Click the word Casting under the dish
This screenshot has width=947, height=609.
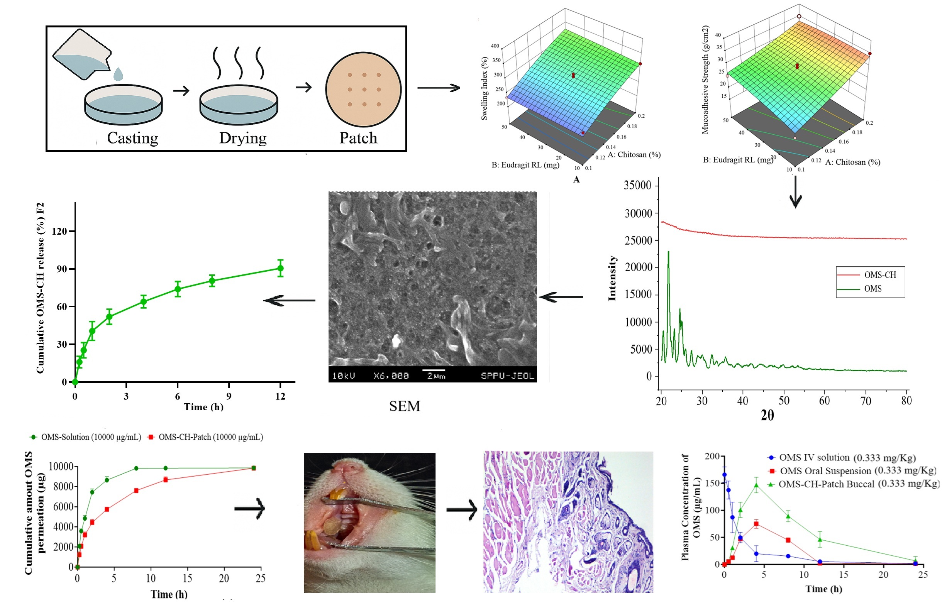coord(132,138)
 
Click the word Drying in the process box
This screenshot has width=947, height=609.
coord(242,138)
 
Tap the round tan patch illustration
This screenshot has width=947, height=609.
coord(363,90)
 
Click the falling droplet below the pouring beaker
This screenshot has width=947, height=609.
coord(118,74)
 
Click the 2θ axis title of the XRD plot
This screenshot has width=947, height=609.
coord(767,415)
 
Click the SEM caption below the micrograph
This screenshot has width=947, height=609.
coord(404,406)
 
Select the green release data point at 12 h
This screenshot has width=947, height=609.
coord(280,269)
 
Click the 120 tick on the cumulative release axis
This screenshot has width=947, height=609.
coord(59,231)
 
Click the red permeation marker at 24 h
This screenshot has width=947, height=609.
coord(254,468)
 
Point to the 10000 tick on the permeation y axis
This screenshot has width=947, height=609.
coord(61,467)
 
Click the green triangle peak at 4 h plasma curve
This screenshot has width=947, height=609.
coord(756,485)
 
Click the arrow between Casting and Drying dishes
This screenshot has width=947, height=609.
coord(181,91)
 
